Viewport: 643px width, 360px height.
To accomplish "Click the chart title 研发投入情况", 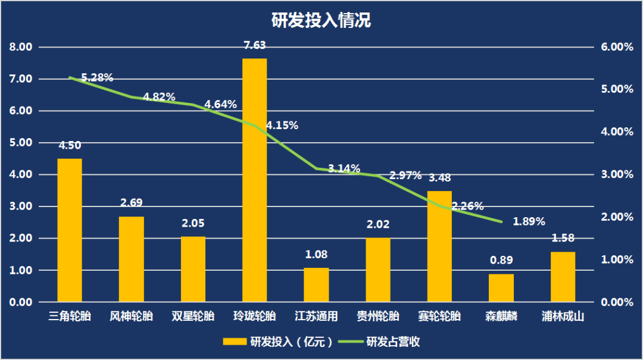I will pyautogui.click(x=321, y=20).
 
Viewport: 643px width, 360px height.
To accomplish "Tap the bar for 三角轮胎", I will pyautogui.click(x=70, y=230).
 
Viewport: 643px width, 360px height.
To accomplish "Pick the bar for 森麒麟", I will pyautogui.click(x=501, y=288).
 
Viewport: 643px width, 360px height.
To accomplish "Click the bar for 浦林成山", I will pyautogui.click(x=563, y=277).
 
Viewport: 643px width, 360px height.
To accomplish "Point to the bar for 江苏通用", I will pyautogui.click(x=316, y=285).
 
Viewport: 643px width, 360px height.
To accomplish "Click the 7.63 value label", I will pyautogui.click(x=255, y=45).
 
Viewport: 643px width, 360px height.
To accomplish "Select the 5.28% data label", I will pyautogui.click(x=97, y=77).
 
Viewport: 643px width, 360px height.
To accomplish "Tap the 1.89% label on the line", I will pyautogui.click(x=529, y=222).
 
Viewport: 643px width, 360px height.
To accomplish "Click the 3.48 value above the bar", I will pyautogui.click(x=440, y=178).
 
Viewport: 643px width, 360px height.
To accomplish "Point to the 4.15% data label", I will pyautogui.click(x=282, y=126).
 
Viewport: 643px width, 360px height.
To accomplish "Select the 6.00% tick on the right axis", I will pyautogui.click(x=617, y=47).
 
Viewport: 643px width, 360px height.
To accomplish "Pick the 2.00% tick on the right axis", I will pyautogui.click(x=617, y=217).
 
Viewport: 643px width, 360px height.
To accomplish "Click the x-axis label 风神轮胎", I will pyautogui.click(x=132, y=317).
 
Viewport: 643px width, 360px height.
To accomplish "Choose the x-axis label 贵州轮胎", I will pyautogui.click(x=377, y=317).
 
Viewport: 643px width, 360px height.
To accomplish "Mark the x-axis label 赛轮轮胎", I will pyautogui.click(x=439, y=317).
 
